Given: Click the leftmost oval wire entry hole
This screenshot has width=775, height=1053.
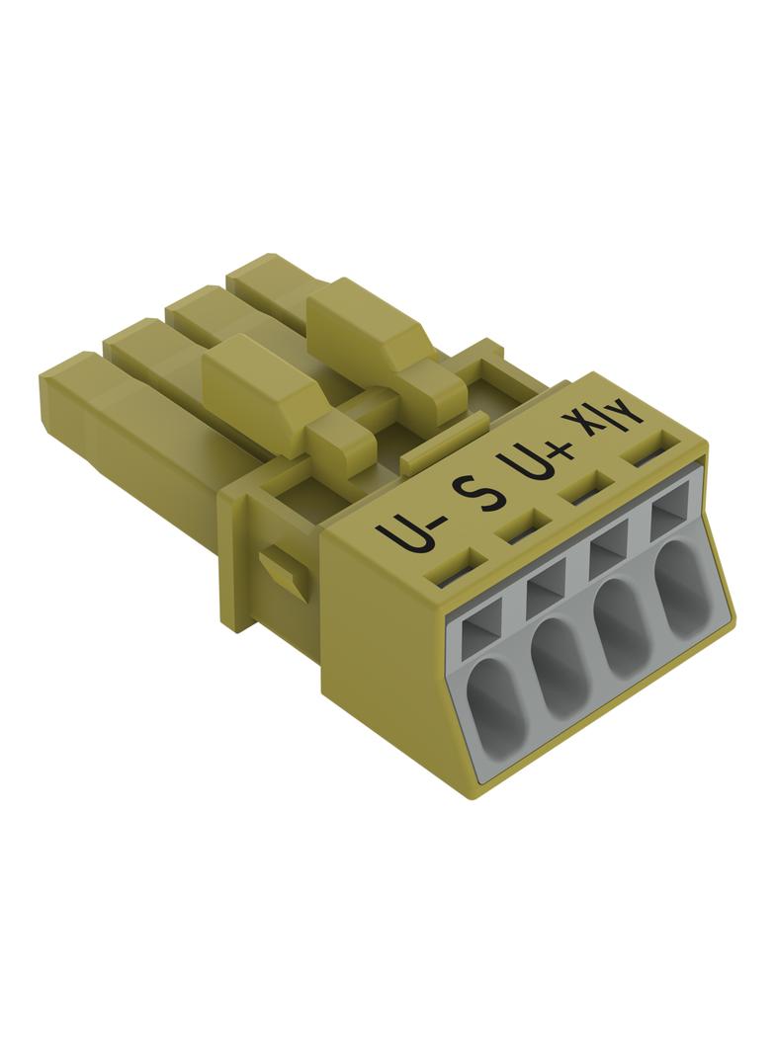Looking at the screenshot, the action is pyautogui.click(x=495, y=699).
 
